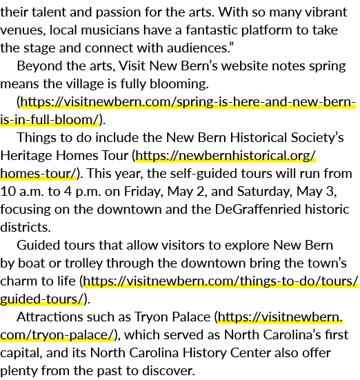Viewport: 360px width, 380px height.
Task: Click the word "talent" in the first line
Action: click(49, 12)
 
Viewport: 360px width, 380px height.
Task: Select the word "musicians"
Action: click(110, 30)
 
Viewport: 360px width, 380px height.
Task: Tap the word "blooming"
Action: click(179, 84)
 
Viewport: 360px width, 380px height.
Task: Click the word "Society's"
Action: click(317, 137)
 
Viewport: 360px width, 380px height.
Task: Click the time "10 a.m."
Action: click(22, 192)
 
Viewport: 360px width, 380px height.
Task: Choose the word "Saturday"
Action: click(265, 192)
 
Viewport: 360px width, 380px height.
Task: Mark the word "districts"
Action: click(26, 228)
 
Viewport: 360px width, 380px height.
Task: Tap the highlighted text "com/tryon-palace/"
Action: click(57, 335)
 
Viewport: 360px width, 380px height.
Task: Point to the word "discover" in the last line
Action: click(168, 371)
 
